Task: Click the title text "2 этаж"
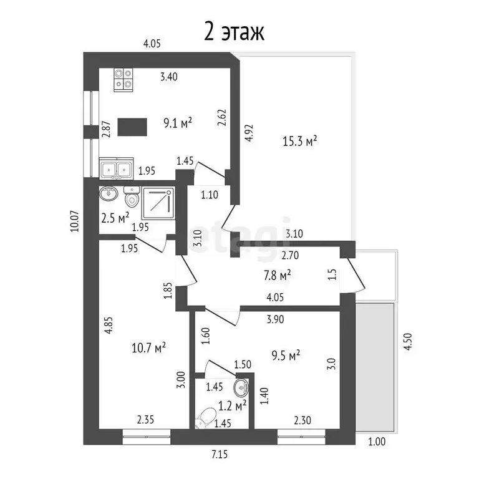234,31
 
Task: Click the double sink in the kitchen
115,168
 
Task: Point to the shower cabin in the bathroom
158,203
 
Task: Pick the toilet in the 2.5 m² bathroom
131,198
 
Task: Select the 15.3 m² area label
301,142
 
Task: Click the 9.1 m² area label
177,123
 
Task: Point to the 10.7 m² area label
151,347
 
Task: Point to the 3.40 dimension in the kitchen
169,77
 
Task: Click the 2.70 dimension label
291,254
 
